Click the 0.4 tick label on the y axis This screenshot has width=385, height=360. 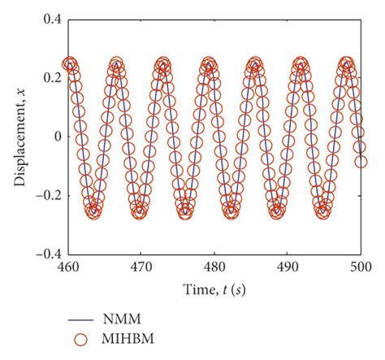pyautogui.click(x=50, y=19)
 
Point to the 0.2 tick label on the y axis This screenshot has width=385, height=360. pyautogui.click(x=50, y=77)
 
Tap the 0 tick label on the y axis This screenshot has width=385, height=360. pyautogui.click(x=57, y=136)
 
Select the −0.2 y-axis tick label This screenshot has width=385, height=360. pyautogui.click(x=46, y=195)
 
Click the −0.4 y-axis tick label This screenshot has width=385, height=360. pyautogui.click(x=46, y=254)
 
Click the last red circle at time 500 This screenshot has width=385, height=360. pyautogui.click(x=361, y=162)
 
